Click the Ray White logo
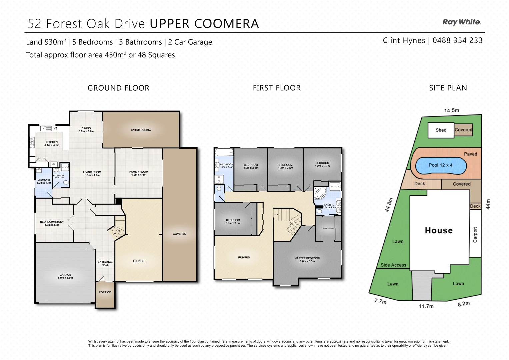click(x=462, y=22)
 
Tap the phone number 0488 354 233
click(x=457, y=40)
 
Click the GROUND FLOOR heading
click(x=118, y=88)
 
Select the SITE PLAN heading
click(x=448, y=88)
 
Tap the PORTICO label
click(x=105, y=292)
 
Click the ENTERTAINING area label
click(x=141, y=130)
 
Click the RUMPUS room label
click(x=244, y=257)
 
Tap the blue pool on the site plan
click(x=440, y=165)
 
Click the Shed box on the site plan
click(x=441, y=130)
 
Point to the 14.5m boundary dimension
click(x=451, y=110)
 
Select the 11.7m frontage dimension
click(x=426, y=306)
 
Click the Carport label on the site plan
click(x=475, y=235)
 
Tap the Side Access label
click(x=393, y=265)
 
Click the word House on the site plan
click(x=439, y=230)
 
